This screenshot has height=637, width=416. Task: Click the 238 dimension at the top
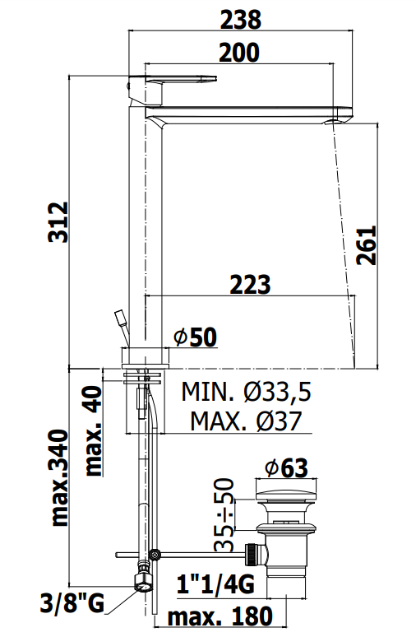[x=240, y=20]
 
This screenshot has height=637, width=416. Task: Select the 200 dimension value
[x=239, y=53]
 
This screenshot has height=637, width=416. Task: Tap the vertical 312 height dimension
[x=58, y=222]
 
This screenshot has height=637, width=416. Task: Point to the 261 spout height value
[x=366, y=245]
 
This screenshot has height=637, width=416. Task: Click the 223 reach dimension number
[x=250, y=286]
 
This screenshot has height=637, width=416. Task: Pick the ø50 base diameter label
[x=195, y=337]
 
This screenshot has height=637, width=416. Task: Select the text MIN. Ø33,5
[x=247, y=392]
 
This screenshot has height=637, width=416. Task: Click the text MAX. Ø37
[x=247, y=421]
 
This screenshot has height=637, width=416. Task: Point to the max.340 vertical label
[x=60, y=477]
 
